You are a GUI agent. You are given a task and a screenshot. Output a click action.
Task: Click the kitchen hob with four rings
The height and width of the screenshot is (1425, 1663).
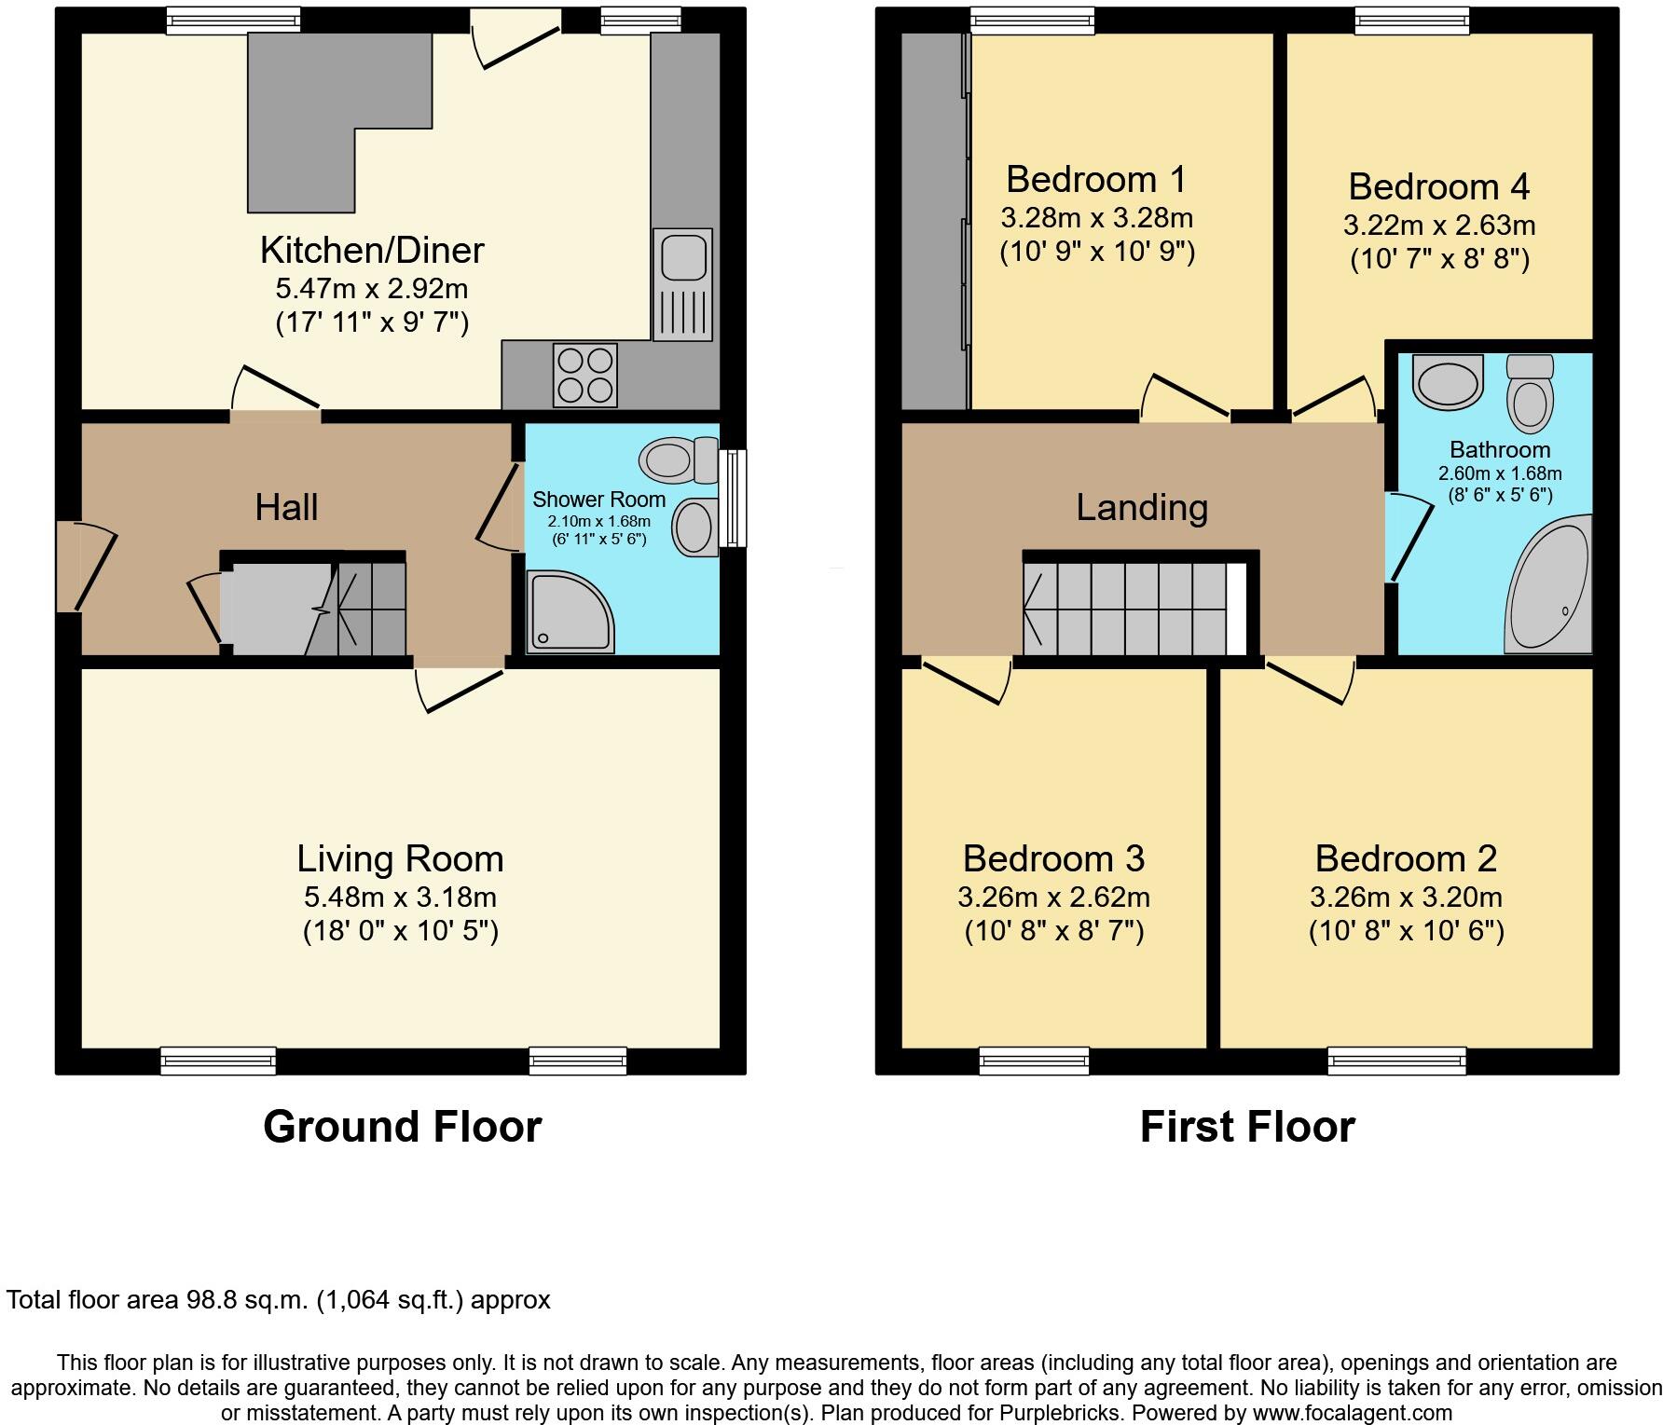(x=584, y=375)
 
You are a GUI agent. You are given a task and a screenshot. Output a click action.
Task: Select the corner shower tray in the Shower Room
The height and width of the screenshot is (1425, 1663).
(x=570, y=611)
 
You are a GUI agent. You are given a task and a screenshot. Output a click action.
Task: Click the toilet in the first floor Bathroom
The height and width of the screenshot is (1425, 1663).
(x=1530, y=394)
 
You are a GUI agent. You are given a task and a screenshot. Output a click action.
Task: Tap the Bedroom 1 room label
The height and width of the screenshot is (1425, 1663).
(x=1096, y=178)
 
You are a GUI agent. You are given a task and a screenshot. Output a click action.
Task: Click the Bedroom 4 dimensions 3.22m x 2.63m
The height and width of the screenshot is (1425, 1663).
(x=1438, y=226)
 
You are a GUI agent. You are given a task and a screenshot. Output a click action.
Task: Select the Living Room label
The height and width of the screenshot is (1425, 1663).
(x=400, y=858)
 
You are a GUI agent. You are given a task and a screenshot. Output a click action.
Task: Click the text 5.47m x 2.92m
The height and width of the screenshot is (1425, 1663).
(x=371, y=288)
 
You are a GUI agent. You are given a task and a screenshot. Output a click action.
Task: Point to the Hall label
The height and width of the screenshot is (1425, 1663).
(x=286, y=507)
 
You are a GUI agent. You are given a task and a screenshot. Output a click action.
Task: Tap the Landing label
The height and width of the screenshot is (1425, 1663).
(x=1142, y=507)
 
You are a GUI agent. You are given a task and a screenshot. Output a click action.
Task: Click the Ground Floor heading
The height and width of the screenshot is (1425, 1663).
(x=402, y=1126)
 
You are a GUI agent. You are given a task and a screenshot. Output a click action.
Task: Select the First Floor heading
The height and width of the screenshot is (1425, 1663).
(x=1247, y=1126)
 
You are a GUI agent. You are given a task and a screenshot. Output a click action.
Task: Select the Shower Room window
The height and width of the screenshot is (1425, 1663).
(x=736, y=498)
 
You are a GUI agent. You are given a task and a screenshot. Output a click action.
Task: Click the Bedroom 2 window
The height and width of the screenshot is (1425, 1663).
(x=1395, y=1060)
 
